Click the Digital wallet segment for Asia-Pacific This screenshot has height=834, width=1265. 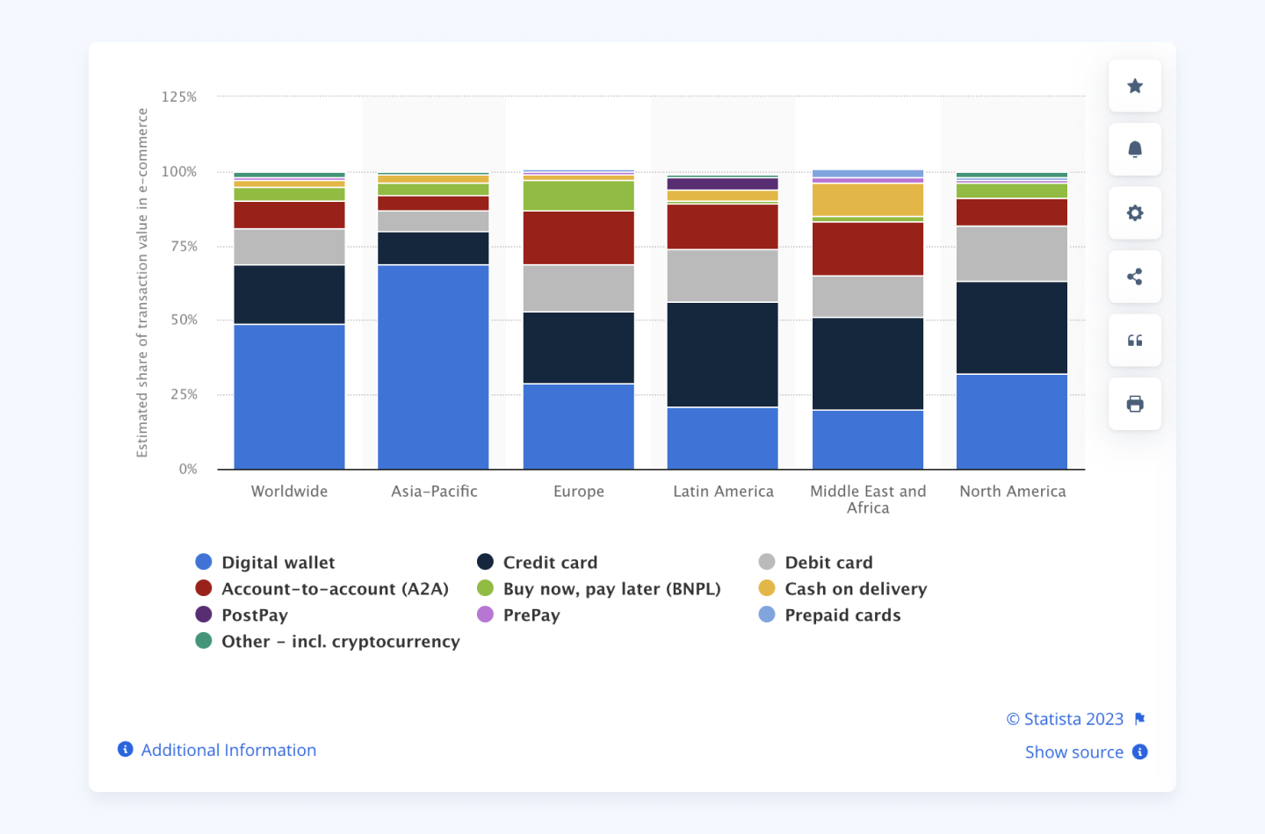pos(433,367)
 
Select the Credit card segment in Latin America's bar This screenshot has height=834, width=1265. pos(723,355)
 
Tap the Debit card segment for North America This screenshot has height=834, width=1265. pos(1012,254)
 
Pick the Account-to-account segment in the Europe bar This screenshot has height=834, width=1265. pos(579,238)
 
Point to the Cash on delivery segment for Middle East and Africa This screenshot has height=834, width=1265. pos(868,200)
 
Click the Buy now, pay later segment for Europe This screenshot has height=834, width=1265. pos(579,196)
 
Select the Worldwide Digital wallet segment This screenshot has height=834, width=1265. pos(289,397)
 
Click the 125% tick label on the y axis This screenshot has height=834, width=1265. pos(179,97)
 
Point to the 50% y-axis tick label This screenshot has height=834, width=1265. pos(184,320)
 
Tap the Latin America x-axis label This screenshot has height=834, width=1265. pos(723,492)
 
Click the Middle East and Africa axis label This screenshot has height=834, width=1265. pos(868,500)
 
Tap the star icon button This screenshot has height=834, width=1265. pos(1135,86)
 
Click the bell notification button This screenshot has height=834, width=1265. pos(1135,149)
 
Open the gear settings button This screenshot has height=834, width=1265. pos(1135,213)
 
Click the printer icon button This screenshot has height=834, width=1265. pos(1135,404)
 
